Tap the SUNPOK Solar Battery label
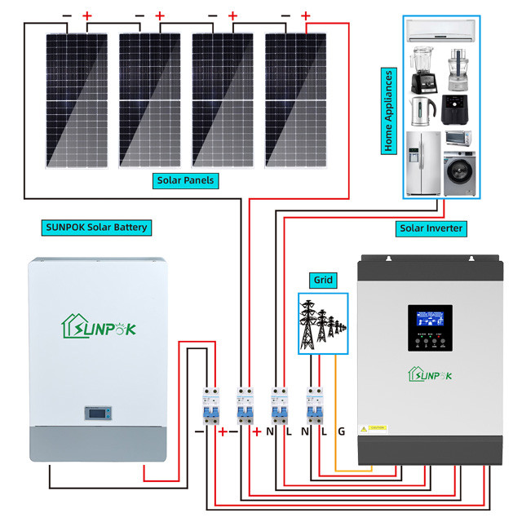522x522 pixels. point(96,227)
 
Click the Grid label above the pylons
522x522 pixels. point(323,279)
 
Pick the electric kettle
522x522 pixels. point(420,109)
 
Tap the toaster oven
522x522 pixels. point(458,138)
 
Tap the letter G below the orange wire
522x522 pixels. point(341,431)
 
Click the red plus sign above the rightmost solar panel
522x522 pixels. point(306,15)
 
